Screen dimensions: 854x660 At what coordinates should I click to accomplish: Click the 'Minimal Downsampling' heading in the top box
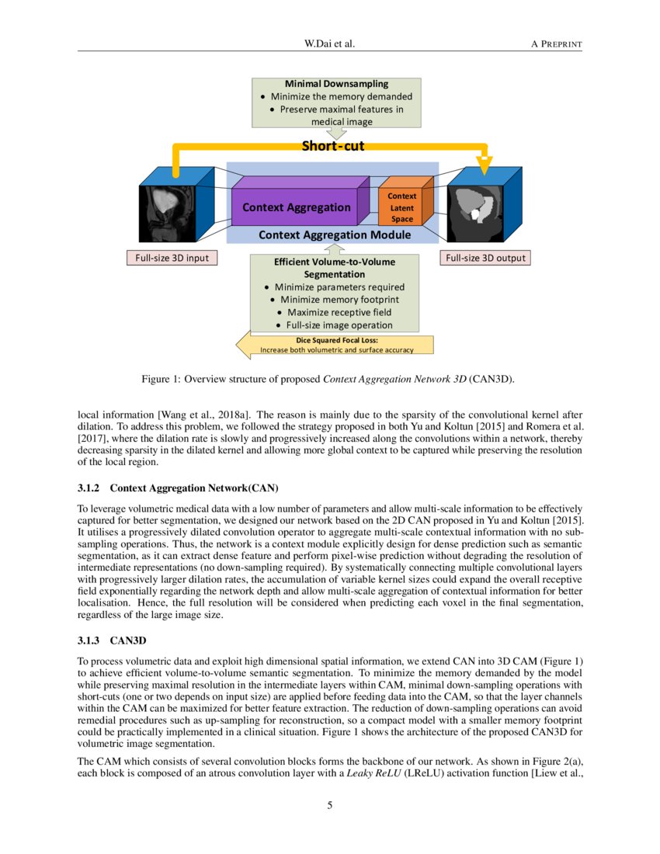point(336,84)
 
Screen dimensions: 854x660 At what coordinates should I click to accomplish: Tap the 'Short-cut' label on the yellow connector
point(332,145)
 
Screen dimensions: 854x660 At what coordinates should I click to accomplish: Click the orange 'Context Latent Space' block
point(402,207)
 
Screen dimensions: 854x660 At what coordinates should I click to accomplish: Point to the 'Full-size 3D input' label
point(172,258)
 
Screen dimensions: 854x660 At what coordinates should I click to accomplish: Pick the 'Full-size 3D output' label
point(486,258)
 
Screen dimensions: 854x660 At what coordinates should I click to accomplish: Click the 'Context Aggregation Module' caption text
point(335,234)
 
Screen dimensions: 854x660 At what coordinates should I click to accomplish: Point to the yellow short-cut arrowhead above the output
point(485,165)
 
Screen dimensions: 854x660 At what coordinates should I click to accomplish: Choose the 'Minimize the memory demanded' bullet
point(341,97)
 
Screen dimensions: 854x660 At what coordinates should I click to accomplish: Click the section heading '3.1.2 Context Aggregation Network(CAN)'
point(178,488)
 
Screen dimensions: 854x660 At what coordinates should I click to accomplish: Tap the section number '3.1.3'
point(92,642)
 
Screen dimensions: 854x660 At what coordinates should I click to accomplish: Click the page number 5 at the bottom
point(330,805)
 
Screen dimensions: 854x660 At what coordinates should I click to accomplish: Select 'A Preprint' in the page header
point(556,43)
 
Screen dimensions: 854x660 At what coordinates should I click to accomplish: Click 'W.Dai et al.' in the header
point(330,43)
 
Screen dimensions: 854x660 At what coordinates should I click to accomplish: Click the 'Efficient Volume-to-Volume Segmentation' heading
point(335,268)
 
